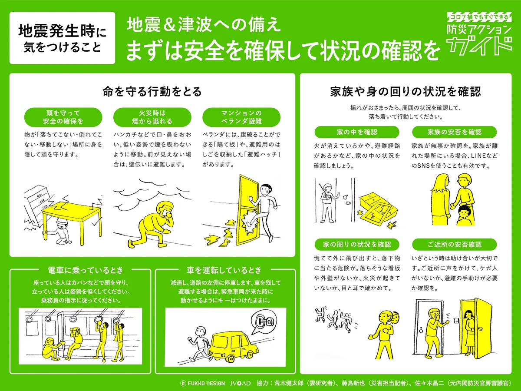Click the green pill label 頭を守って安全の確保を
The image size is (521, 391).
[63, 117]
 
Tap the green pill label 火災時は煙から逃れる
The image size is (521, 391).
[152, 117]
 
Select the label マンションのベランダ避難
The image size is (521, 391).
[241, 117]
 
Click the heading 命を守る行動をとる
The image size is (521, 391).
[152, 92]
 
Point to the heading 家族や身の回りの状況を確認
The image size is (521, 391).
[406, 92]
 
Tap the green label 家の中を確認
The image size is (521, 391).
[356, 132]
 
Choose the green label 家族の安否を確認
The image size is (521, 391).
[454, 132]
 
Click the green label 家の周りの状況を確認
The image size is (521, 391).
[356, 244]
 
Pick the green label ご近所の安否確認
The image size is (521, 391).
[454, 244]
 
